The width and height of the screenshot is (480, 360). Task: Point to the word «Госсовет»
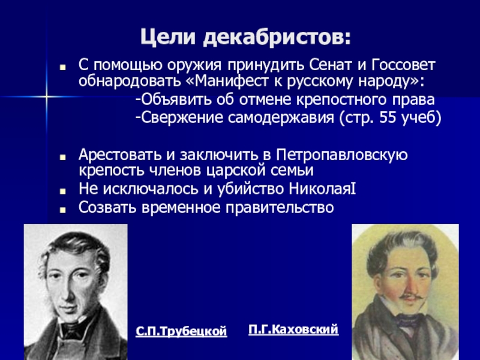(403, 65)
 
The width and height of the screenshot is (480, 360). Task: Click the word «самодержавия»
(280, 118)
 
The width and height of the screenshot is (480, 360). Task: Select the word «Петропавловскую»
(341, 155)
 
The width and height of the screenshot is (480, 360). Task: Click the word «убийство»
(250, 189)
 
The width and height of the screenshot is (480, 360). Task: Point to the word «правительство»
(280, 208)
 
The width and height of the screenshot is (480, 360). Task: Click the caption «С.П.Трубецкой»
(181, 332)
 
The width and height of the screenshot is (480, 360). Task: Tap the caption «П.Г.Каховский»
(293, 329)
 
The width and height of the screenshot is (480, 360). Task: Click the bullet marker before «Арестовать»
(63, 157)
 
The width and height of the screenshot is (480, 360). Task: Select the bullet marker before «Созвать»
(63, 209)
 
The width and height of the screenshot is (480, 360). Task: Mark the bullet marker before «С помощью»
(63, 67)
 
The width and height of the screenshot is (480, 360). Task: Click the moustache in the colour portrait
(412, 296)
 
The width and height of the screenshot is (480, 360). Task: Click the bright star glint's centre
(47, 97)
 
